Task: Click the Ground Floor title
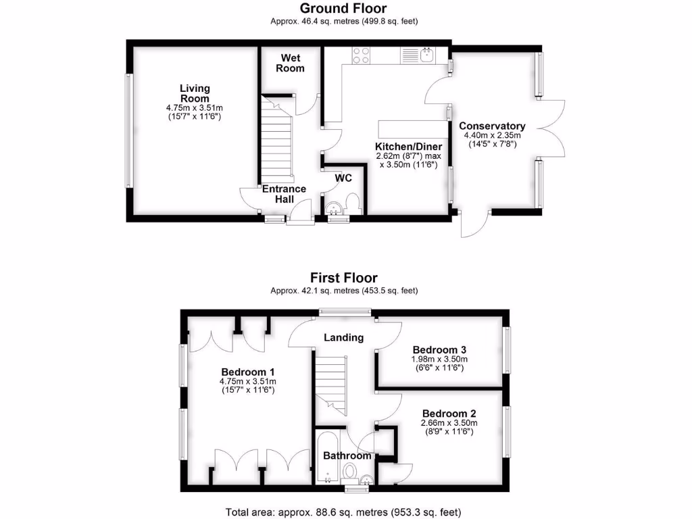pyautogui.click(x=344, y=9)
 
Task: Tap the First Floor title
pyautogui.click(x=344, y=278)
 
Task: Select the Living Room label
pyautogui.click(x=195, y=93)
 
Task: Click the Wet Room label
pyautogui.click(x=291, y=64)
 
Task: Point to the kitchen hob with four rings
pyautogui.click(x=361, y=54)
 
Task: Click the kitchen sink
pyautogui.click(x=426, y=54)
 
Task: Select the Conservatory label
pyautogui.click(x=492, y=126)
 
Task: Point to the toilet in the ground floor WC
pyautogui.click(x=351, y=203)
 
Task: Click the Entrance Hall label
pyautogui.click(x=284, y=194)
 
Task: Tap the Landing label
pyautogui.click(x=343, y=337)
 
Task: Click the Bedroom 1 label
pyautogui.click(x=248, y=372)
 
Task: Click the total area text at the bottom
pyautogui.click(x=343, y=512)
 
